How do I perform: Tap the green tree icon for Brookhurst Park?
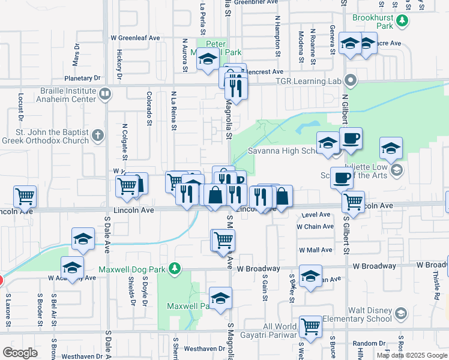tap(403, 22)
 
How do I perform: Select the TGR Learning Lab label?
tap(309, 81)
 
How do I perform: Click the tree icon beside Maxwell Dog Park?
tap(175, 268)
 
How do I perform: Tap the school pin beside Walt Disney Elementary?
tap(401, 313)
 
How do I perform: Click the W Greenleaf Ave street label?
tap(135, 37)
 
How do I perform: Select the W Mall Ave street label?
tap(315, 250)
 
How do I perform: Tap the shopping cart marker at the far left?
tap(25, 196)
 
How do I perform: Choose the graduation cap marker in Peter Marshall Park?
tap(208, 61)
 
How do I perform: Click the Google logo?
tap(20, 353)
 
